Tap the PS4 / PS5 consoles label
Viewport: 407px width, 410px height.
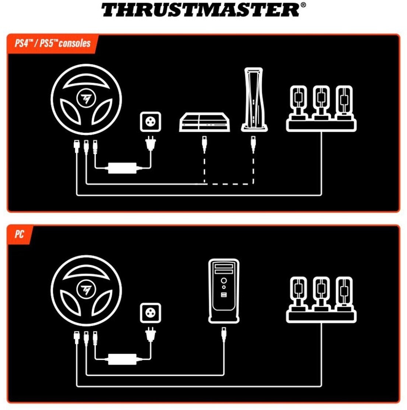point(53,43)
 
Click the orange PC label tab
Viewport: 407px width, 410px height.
point(20,234)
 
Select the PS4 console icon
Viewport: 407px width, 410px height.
point(204,122)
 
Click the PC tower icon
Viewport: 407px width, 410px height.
point(224,291)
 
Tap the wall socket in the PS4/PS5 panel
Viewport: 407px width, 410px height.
point(150,122)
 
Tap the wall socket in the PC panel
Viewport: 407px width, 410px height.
point(150,313)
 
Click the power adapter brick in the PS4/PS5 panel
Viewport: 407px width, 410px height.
point(122,168)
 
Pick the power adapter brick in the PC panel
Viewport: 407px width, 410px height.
point(122,359)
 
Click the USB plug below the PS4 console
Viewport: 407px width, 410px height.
point(204,144)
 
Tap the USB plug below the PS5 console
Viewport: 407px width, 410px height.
point(253,144)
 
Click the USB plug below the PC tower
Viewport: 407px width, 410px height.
point(224,335)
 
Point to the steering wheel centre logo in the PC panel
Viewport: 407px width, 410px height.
point(86,290)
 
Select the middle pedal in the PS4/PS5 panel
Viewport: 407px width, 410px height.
point(321,102)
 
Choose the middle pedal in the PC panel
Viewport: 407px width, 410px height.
point(321,294)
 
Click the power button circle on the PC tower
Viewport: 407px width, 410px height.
point(224,281)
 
